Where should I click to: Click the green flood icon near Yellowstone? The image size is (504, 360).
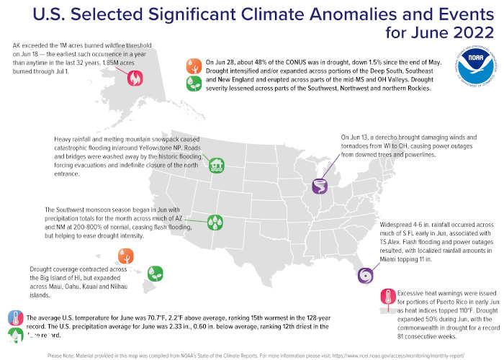(x=215, y=166)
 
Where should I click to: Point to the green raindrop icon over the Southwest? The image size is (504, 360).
(x=214, y=222)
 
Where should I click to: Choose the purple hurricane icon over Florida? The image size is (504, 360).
(x=366, y=276)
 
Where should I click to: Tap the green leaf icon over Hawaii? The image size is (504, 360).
(x=154, y=273)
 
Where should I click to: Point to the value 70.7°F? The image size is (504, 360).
(x=153, y=317)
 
